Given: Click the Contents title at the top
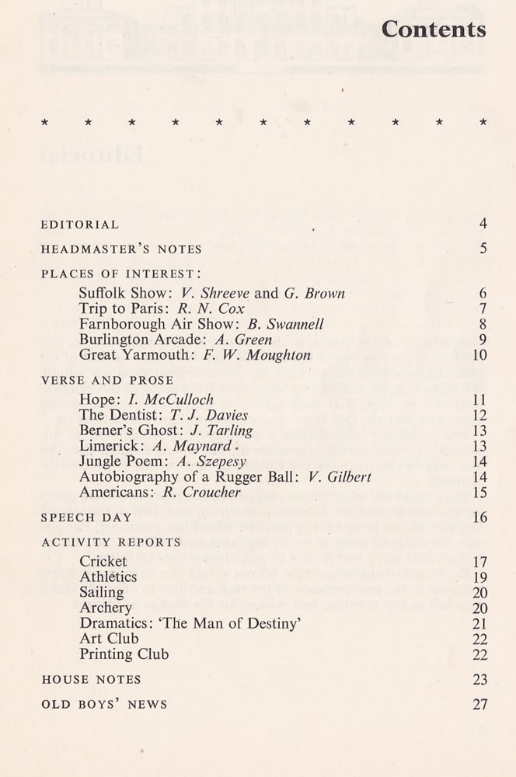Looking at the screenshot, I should pyautogui.click(x=434, y=30).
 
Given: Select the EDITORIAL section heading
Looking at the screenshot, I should pyautogui.click(x=80, y=225).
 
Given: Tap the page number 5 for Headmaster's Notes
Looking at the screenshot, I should pyautogui.click(x=483, y=249).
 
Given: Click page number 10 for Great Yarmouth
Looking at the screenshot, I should pyautogui.click(x=479, y=356).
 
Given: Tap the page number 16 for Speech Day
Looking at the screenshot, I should pyautogui.click(x=479, y=517).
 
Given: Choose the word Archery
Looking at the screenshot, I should pyautogui.click(x=106, y=608).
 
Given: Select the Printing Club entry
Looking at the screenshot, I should pyautogui.click(x=124, y=654).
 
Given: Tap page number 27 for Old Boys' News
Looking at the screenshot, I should pyautogui.click(x=479, y=705).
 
